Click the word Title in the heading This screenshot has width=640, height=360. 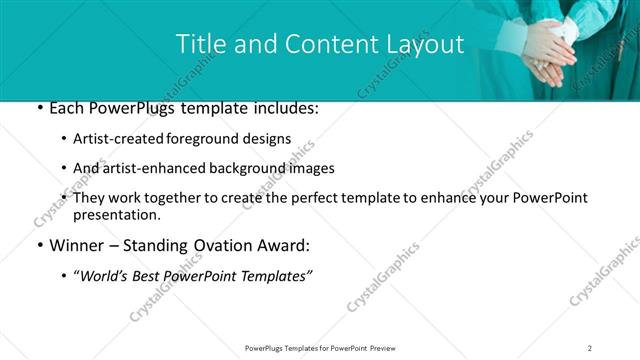[200, 45]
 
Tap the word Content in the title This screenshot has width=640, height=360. [320, 45]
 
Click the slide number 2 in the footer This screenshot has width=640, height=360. [590, 347]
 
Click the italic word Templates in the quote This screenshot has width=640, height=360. [272, 276]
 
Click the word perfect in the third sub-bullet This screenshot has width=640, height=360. [344, 198]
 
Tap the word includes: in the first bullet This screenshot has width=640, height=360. [283, 108]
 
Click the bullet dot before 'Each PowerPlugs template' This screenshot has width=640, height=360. [38, 108]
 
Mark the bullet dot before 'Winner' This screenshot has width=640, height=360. [38, 246]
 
